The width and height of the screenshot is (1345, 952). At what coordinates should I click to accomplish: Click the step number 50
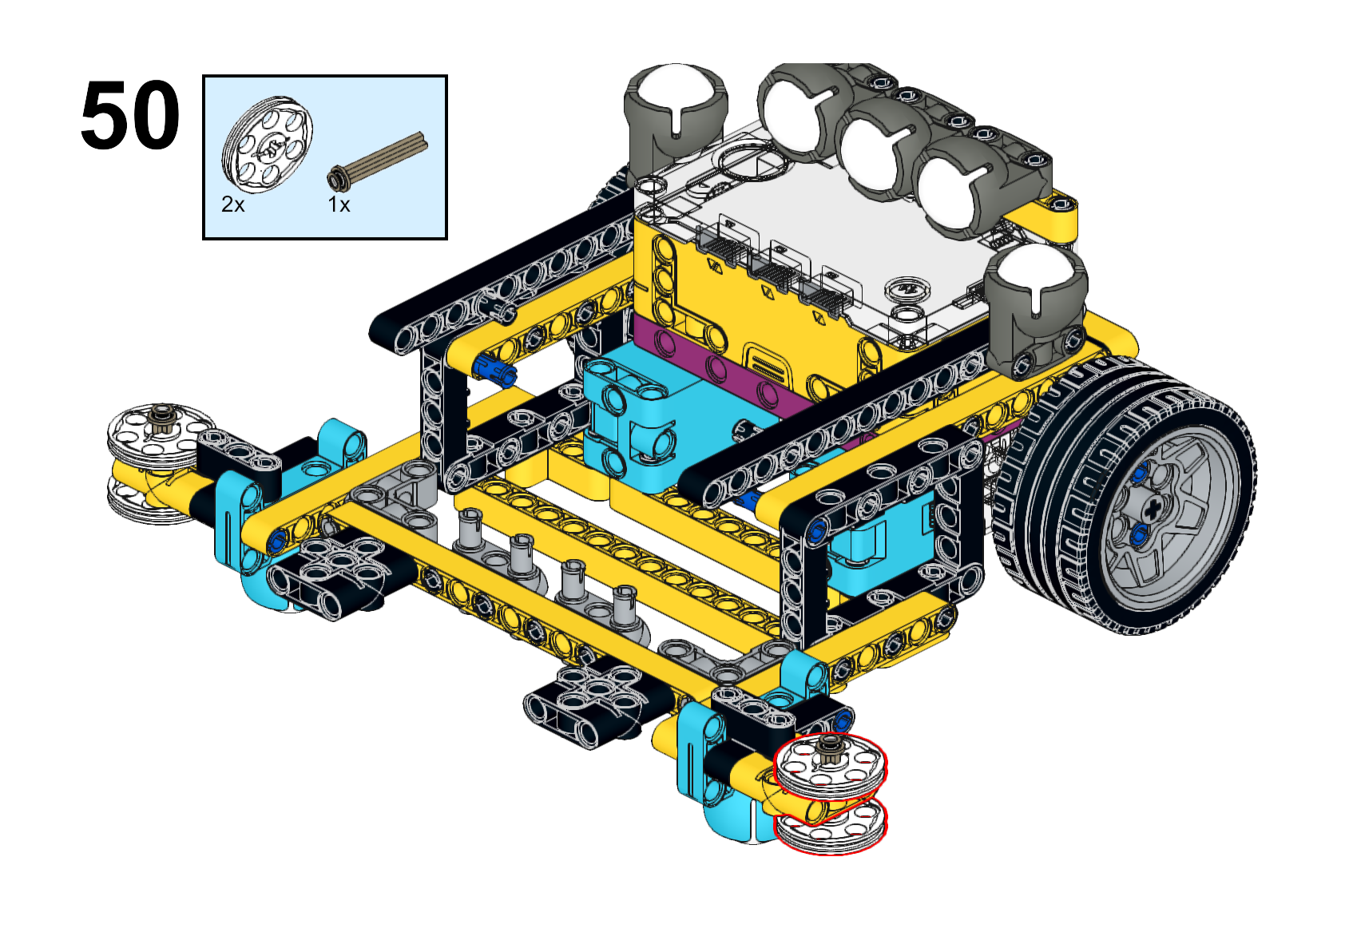(x=130, y=115)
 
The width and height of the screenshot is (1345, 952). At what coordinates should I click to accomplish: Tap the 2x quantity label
(x=233, y=204)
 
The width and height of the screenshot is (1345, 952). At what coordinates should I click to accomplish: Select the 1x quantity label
(x=339, y=204)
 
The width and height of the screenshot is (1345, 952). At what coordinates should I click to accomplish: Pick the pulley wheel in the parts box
(x=268, y=145)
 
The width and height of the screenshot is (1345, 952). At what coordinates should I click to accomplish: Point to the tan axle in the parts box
(x=377, y=159)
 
